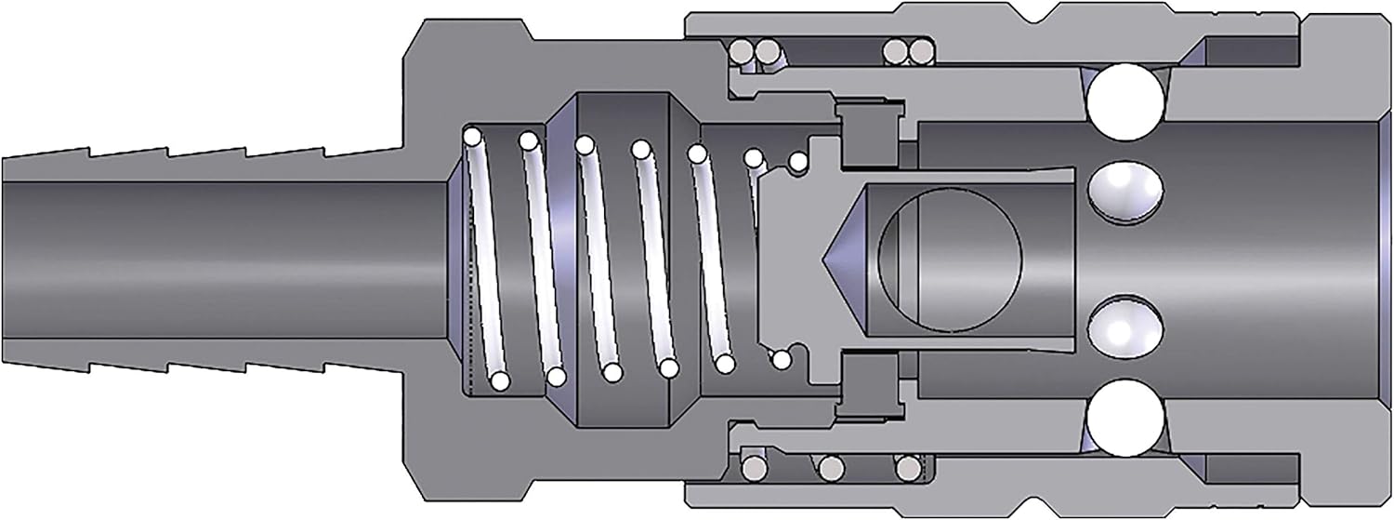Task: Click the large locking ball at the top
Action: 1125,103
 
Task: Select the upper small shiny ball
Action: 1124,190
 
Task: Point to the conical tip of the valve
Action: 842,256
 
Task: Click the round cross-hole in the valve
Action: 949,256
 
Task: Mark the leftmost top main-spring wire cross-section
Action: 472,138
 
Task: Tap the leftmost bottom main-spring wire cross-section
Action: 499,380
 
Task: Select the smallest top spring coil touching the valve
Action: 796,162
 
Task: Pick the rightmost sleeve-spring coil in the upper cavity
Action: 918,49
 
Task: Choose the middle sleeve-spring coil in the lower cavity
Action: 830,464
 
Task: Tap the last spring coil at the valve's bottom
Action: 782,358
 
